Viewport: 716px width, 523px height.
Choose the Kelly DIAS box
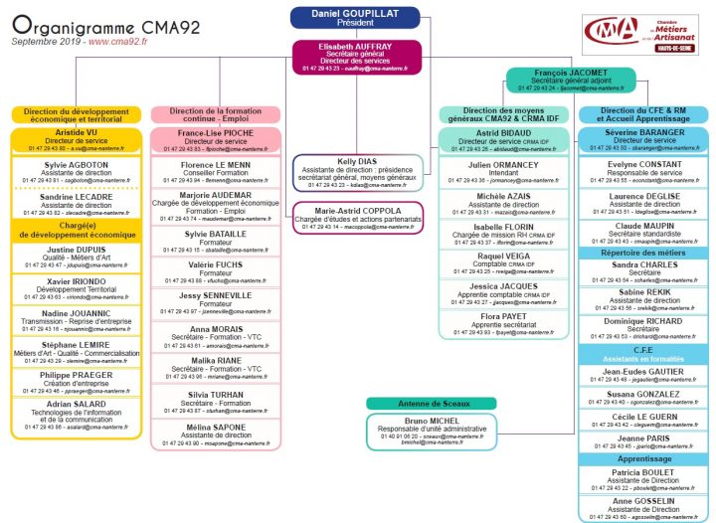click(x=356, y=172)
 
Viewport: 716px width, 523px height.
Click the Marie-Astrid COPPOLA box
click(x=356, y=216)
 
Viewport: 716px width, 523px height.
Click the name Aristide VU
click(x=77, y=132)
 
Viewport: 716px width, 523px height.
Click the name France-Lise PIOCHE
click(x=216, y=132)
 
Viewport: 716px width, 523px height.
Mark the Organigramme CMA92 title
click(x=84, y=24)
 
